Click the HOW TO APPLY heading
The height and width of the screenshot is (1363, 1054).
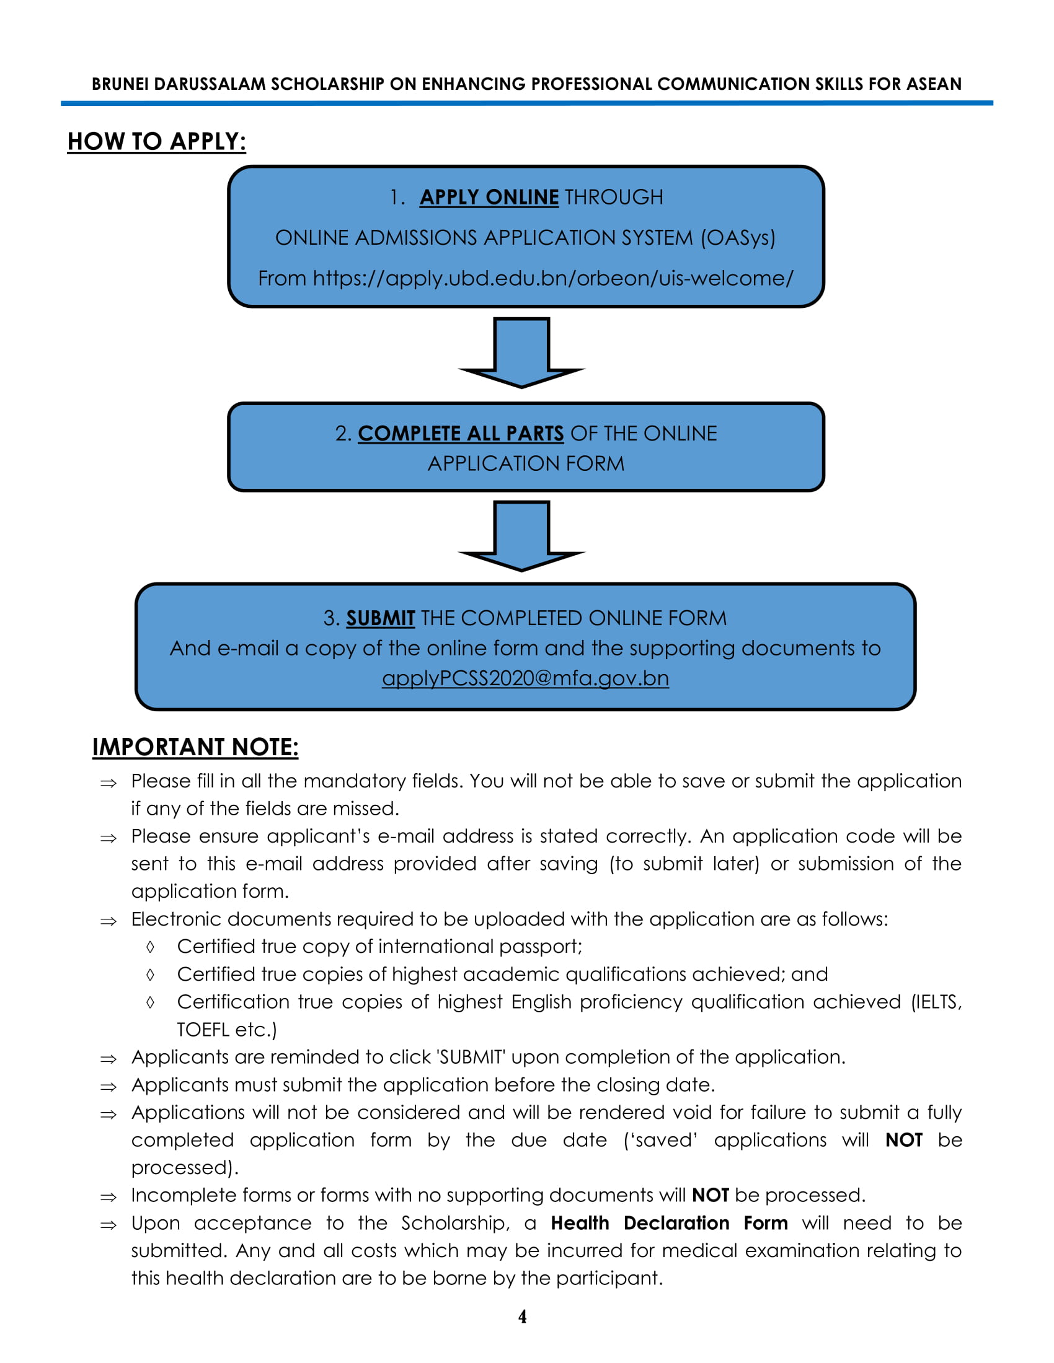[156, 142]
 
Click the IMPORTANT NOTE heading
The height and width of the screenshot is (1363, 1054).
[195, 747]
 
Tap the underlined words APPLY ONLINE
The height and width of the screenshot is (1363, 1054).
[489, 197]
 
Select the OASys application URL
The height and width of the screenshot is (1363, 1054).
[552, 278]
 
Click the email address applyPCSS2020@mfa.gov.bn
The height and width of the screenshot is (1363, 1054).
[525, 678]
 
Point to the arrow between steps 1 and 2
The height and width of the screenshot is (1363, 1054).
[521, 352]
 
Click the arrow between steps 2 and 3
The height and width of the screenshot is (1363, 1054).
[521, 535]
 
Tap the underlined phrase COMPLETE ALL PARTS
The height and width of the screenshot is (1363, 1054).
[460, 433]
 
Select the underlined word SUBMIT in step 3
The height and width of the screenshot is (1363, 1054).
[380, 618]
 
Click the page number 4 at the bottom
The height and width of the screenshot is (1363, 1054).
[522, 1316]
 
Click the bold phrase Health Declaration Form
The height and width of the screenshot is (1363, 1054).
[669, 1222]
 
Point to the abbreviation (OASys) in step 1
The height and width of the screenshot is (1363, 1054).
[737, 238]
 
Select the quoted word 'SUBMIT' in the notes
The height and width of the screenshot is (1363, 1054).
[471, 1056]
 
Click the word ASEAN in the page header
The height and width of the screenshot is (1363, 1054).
[934, 84]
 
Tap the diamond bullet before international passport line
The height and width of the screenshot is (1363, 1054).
[150, 947]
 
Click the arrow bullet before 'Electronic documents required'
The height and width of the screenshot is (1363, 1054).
[108, 921]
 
